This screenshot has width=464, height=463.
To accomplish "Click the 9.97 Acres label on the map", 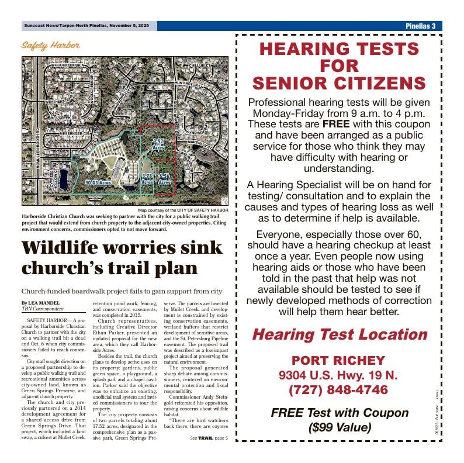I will (158, 144).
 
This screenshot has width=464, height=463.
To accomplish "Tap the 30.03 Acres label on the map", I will (97, 183).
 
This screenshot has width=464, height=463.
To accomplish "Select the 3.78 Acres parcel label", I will (147, 178).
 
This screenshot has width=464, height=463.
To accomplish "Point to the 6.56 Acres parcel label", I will (164, 178).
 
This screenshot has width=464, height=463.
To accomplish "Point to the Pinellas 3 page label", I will (421, 26).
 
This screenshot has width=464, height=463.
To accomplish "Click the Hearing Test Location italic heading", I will (339, 334).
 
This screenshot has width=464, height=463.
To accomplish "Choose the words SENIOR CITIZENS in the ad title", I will (339, 82).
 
